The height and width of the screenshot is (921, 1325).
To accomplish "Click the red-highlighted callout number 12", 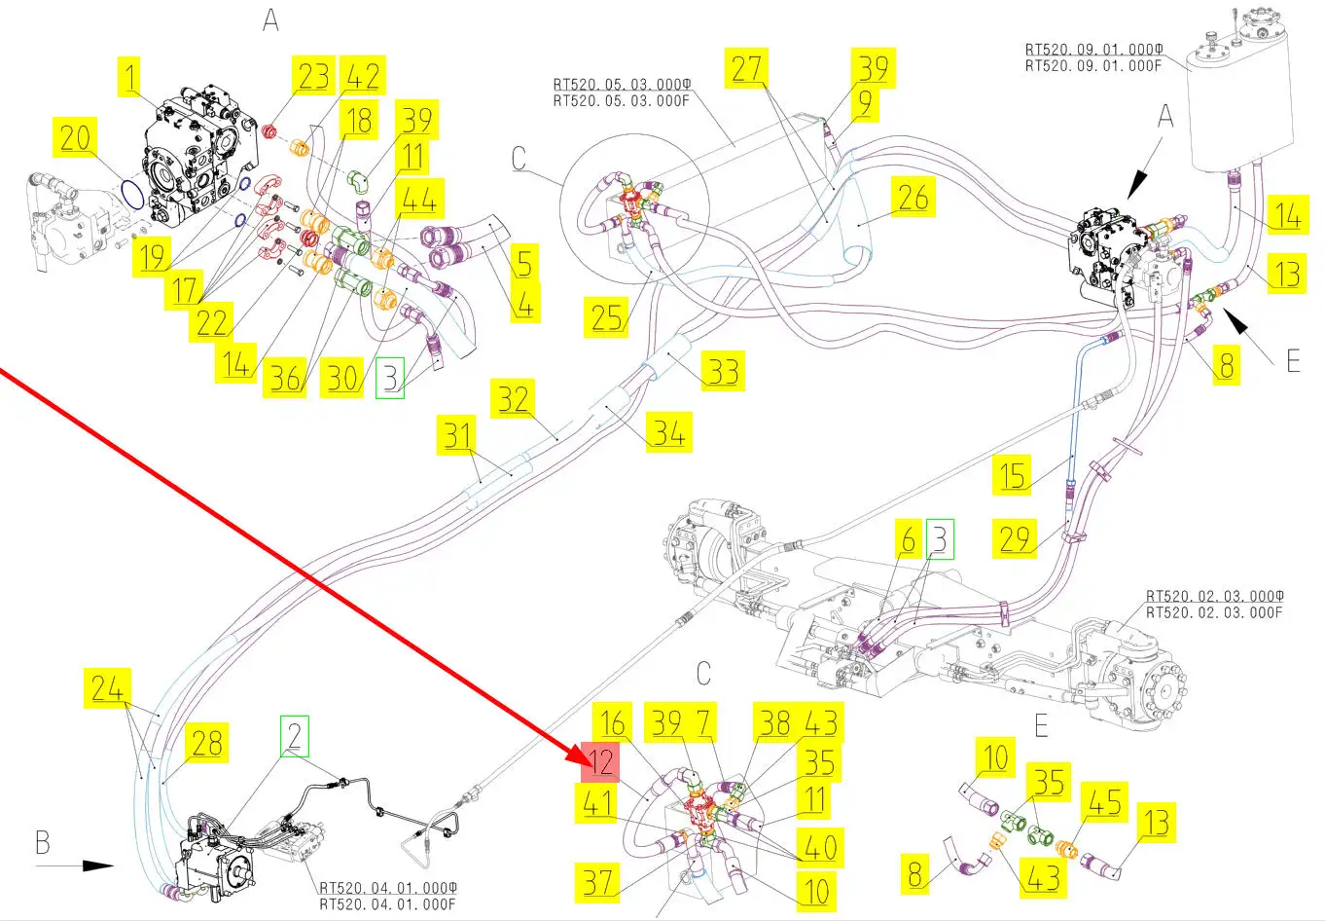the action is tap(600, 762).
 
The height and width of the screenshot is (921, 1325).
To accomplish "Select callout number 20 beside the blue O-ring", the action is tap(75, 137).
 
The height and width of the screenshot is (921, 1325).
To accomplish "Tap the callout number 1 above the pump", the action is tap(129, 76).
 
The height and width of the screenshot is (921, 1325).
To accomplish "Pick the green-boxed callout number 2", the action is tap(295, 736).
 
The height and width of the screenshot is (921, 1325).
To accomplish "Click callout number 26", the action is tap(913, 197).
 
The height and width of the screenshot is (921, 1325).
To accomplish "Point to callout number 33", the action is tap(723, 371).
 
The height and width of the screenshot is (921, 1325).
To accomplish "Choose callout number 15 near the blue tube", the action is tap(1012, 475).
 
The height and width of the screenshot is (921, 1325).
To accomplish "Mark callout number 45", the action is tap(1104, 802).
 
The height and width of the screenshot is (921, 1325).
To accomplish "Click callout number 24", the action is tap(107, 687).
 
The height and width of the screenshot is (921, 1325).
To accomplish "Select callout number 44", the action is tap(419, 199).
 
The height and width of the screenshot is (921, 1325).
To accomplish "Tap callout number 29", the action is tap(1015, 538).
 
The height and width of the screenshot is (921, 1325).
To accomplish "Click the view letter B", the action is tap(43, 842).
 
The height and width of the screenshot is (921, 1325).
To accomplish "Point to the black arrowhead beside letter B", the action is tap(97, 866).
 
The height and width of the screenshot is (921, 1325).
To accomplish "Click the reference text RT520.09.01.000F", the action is tap(1093, 65).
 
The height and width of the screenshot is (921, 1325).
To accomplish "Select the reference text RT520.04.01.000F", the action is tap(387, 904).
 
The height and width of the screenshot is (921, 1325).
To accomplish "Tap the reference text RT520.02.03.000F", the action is tap(1214, 612).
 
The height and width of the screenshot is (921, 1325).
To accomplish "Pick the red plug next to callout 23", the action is tap(269, 130).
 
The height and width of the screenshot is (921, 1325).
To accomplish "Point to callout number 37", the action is tap(597, 882).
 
